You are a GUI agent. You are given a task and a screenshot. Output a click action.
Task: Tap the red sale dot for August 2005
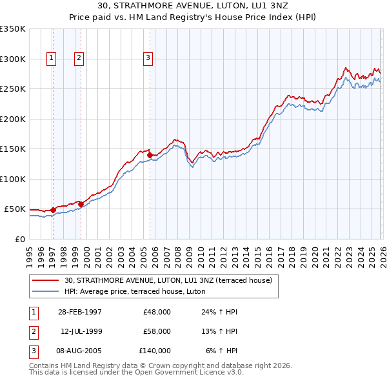tap(150, 155)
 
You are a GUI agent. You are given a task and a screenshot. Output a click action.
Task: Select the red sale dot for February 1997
tap(53, 210)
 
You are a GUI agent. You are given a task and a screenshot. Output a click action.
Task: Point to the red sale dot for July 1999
tap(81, 204)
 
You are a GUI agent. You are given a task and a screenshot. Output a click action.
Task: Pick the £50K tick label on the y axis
tap(14, 209)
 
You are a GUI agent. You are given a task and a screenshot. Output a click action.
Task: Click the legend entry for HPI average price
tap(135, 291)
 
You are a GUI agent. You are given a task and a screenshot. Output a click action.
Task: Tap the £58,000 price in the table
tap(157, 331)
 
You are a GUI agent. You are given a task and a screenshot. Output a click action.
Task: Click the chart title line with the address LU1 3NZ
tap(193, 6)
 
